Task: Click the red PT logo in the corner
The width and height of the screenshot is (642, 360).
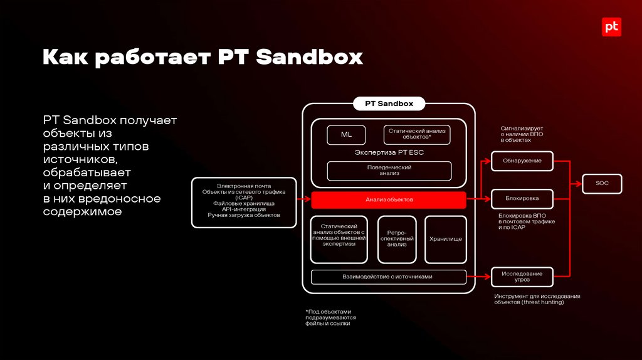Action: pyautogui.click(x=611, y=28)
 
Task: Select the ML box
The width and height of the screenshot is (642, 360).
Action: pyautogui.click(x=346, y=135)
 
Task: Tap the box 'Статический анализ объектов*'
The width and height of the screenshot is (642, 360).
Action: pyautogui.click(x=416, y=134)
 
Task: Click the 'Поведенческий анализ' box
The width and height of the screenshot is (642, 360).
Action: pyautogui.click(x=389, y=171)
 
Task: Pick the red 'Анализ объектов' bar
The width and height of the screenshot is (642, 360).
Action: pyautogui.click(x=389, y=199)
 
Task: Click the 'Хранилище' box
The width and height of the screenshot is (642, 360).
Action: pyautogui.click(x=446, y=239)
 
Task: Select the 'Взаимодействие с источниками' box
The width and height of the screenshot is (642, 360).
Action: pyautogui.click(x=388, y=277)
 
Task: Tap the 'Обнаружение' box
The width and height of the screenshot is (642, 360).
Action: pyautogui.click(x=522, y=161)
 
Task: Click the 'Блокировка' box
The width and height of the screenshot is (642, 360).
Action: pyautogui.click(x=522, y=199)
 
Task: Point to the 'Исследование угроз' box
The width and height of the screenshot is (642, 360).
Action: pyautogui.click(x=522, y=276)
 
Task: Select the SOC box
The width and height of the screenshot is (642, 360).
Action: pyautogui.click(x=602, y=184)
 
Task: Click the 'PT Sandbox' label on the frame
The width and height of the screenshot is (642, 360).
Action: pyautogui.click(x=389, y=104)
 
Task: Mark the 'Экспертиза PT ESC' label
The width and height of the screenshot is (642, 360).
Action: pyautogui.click(x=389, y=152)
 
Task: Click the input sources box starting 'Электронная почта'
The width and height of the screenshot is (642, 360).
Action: pyautogui.click(x=244, y=202)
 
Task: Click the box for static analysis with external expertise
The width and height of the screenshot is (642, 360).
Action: pyautogui.click(x=339, y=239)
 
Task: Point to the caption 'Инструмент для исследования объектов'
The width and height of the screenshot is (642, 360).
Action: pyautogui.click(x=537, y=299)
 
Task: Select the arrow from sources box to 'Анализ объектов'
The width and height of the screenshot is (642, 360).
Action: pyautogui.click(x=303, y=200)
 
